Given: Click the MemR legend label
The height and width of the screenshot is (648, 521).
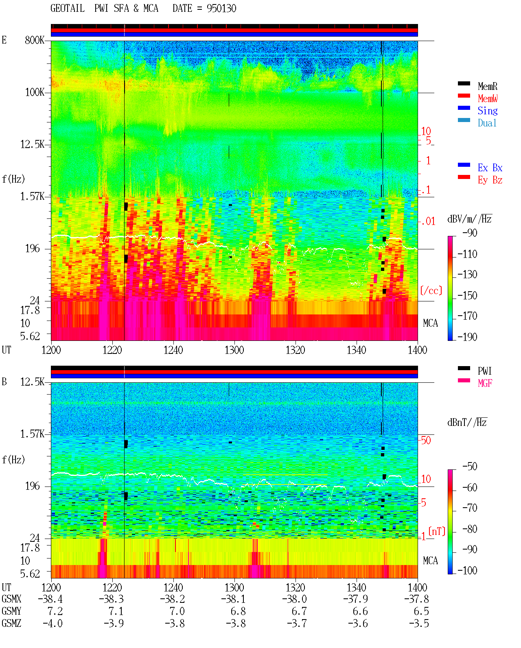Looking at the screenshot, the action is coord(487,86).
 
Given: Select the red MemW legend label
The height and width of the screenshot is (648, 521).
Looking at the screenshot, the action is coord(488,98).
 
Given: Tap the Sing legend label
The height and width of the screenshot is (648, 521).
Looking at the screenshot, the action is coord(487,111).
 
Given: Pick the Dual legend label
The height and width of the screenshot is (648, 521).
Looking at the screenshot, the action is coord(487,123).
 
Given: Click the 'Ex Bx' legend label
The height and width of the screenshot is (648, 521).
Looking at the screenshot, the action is coord(490,168).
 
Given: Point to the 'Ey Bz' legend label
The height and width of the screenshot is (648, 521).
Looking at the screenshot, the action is coord(490,180).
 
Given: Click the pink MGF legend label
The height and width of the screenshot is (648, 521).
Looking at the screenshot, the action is coord(485,383).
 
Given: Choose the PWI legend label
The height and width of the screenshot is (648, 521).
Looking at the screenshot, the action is coord(485,371).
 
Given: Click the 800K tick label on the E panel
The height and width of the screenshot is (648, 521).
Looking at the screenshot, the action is coord(35,40).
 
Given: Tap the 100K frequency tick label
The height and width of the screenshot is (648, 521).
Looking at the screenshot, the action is coord(35,92).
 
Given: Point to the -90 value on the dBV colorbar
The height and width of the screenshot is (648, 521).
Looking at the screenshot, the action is coord(470,233).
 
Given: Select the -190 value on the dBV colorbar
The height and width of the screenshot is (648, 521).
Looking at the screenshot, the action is coord(467,337).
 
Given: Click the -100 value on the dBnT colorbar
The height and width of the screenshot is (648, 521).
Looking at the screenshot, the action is coord(467,570).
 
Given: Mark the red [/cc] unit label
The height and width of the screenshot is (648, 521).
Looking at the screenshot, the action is coord(431,290).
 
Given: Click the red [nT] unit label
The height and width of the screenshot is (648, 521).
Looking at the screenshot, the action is coord(437,531).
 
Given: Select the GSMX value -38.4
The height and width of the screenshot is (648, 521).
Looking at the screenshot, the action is coord(50,599).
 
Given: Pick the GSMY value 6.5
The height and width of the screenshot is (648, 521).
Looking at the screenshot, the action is coord(421,611).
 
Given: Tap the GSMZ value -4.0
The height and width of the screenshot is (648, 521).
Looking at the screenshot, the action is coord(53,623).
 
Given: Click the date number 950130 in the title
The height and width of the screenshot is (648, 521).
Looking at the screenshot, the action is coord(221,9).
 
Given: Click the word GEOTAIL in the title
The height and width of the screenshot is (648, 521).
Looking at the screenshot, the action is coord(68,9).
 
